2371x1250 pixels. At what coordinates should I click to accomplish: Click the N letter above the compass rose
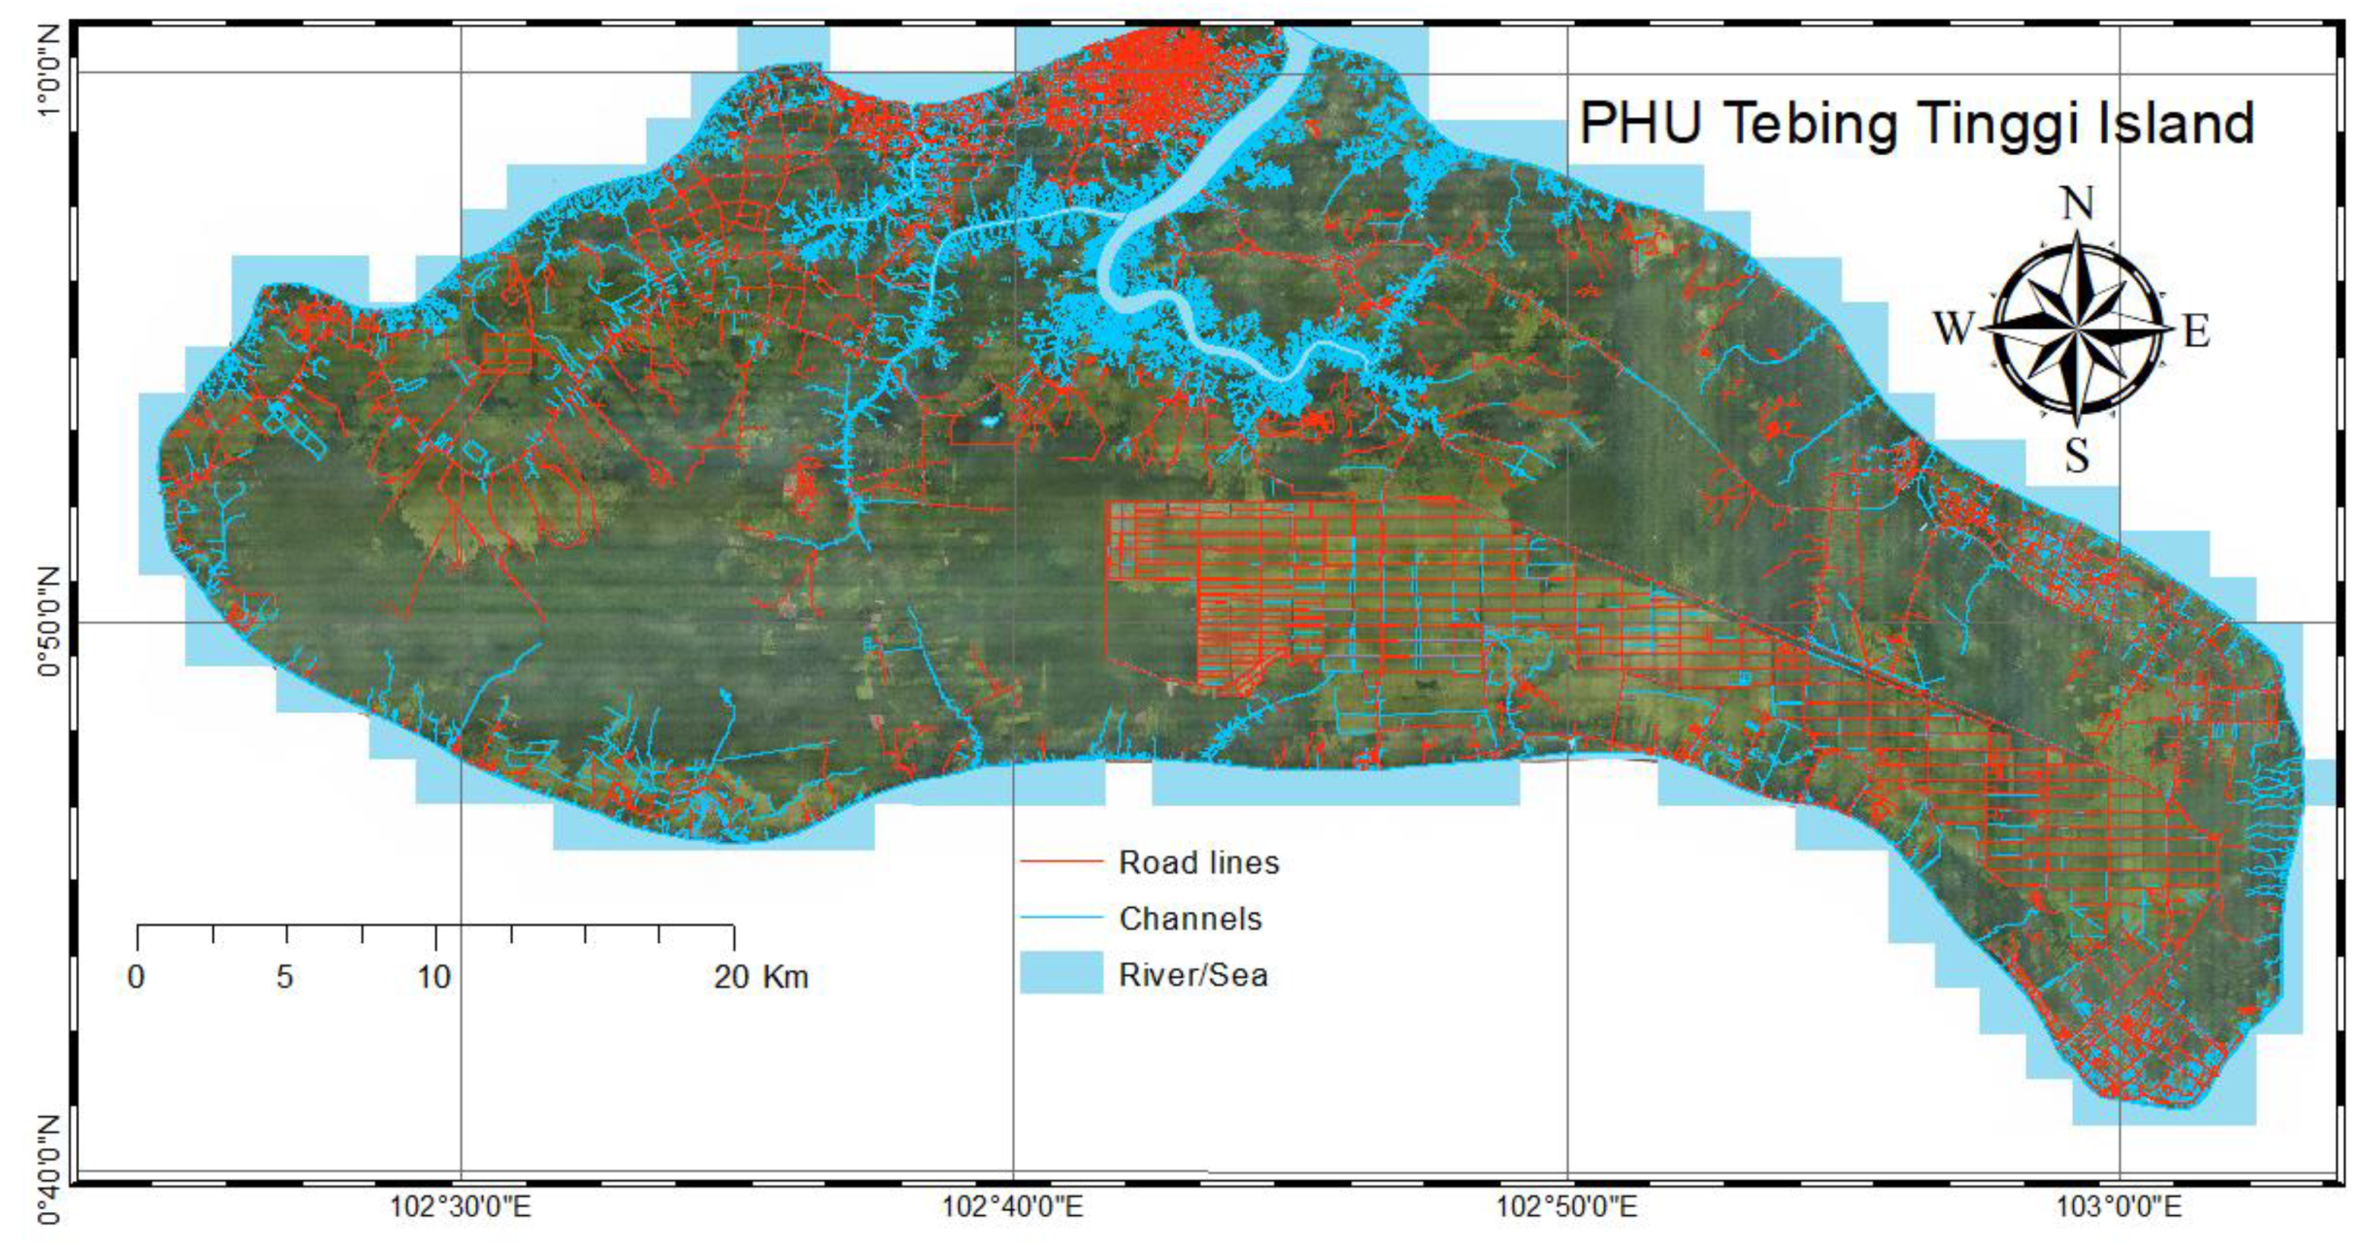pyautogui.click(x=2077, y=204)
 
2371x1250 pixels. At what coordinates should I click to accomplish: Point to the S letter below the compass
pyautogui.click(x=2076, y=455)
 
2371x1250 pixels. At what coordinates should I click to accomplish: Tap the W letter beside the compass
pyautogui.click(x=1953, y=327)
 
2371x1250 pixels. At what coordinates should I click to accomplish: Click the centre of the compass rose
pyautogui.click(x=2077, y=328)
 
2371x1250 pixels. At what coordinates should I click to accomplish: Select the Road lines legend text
pyautogui.click(x=1198, y=863)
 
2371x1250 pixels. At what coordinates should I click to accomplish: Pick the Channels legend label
pyautogui.click(x=1190, y=919)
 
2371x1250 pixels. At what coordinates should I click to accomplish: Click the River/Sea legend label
pyautogui.click(x=1193, y=975)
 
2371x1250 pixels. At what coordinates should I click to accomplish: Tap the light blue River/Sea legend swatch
pyautogui.click(x=1061, y=973)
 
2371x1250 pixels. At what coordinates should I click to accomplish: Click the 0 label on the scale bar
pyautogui.click(x=136, y=977)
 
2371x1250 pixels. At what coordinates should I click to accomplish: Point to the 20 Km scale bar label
pyautogui.click(x=760, y=977)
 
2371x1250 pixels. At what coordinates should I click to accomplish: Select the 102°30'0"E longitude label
pyautogui.click(x=460, y=1206)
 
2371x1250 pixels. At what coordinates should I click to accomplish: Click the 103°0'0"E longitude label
pyautogui.click(x=2119, y=1206)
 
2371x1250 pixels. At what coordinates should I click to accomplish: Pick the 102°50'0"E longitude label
pyautogui.click(x=1566, y=1206)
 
